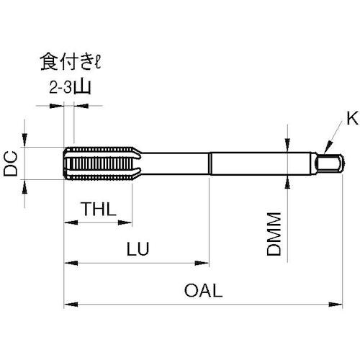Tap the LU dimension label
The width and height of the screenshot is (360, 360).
(x=138, y=250)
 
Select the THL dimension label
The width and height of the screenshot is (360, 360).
(x=98, y=210)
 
